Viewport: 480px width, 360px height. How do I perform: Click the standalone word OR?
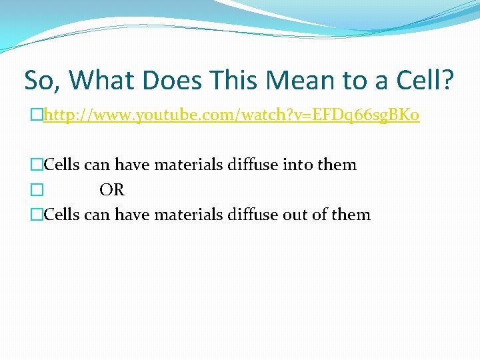click(112, 190)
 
